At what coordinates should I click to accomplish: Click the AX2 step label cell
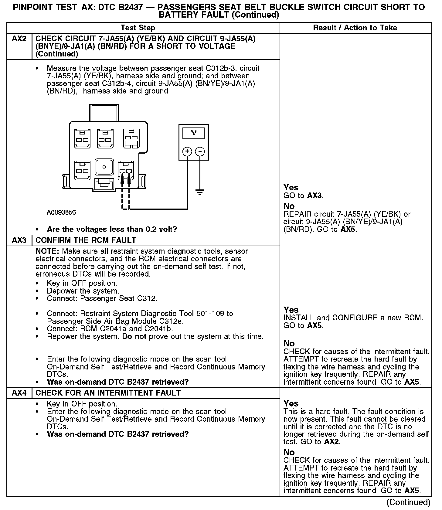coord(19,39)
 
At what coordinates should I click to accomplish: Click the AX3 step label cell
coord(19,240)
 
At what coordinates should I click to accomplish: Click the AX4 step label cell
coord(19,393)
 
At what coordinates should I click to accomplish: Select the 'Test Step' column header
coord(138,28)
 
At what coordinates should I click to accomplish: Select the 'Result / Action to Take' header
coord(355,28)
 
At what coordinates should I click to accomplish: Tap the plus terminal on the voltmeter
coord(187,151)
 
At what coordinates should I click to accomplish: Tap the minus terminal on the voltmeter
coord(199,151)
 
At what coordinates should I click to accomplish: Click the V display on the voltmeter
coord(193,133)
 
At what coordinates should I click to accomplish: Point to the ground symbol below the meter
coord(199,192)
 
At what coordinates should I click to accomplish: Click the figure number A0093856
coord(61,212)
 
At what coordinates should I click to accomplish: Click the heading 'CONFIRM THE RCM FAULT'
coord(86,240)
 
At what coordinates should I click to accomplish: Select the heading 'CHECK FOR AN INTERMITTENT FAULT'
coord(108,393)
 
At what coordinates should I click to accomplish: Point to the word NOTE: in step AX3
coord(48,251)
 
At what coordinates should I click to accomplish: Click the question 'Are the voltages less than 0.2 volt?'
coord(112,229)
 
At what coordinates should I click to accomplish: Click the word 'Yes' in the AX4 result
coord(291,403)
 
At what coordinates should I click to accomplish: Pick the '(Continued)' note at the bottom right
coord(409,502)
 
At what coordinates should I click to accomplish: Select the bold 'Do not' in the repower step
coord(134,336)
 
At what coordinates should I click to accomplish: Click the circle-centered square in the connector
coord(104,167)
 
